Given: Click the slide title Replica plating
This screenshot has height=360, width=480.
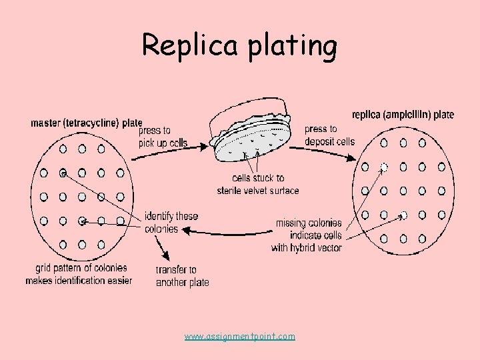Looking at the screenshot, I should click(x=239, y=45).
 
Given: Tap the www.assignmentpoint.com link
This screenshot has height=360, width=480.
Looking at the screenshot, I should click(x=239, y=337).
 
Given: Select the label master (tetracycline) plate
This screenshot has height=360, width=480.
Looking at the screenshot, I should click(x=86, y=123).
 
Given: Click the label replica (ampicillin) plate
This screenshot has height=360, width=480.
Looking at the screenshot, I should click(x=403, y=115).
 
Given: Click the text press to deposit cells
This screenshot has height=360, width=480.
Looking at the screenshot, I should click(x=329, y=135).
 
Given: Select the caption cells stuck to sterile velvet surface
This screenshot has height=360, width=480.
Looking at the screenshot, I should click(x=258, y=185).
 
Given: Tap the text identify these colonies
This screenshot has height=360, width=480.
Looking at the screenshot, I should click(x=171, y=223).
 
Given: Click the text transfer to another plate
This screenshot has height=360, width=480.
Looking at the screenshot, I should click(x=182, y=276).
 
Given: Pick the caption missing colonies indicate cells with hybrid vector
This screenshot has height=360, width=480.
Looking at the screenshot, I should click(x=308, y=235).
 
